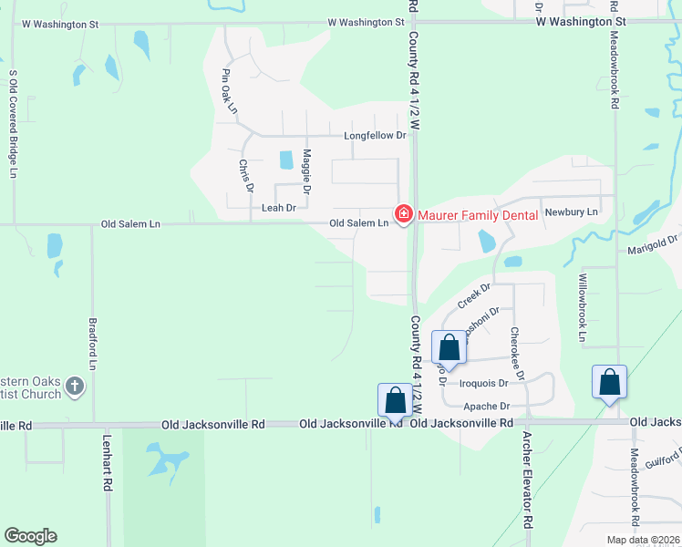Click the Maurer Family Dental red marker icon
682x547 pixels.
tap(403, 214)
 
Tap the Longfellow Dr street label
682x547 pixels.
tap(374, 136)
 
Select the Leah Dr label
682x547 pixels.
tap(279, 208)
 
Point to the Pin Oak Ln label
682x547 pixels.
tap(229, 89)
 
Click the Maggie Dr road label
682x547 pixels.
tap(307, 171)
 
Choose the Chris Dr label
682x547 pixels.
tap(246, 176)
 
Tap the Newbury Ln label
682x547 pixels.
tap(571, 212)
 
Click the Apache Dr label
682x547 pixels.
tap(487, 407)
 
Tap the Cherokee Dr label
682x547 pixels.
tap(517, 353)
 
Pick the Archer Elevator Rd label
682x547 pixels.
tap(526, 479)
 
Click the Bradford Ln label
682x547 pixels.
tap(92, 343)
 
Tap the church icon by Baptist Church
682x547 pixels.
tap(75, 387)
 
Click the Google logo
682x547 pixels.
tap(30, 536)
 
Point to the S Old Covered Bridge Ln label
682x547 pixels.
tap(13, 122)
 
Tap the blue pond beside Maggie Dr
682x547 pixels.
tap(286, 160)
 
